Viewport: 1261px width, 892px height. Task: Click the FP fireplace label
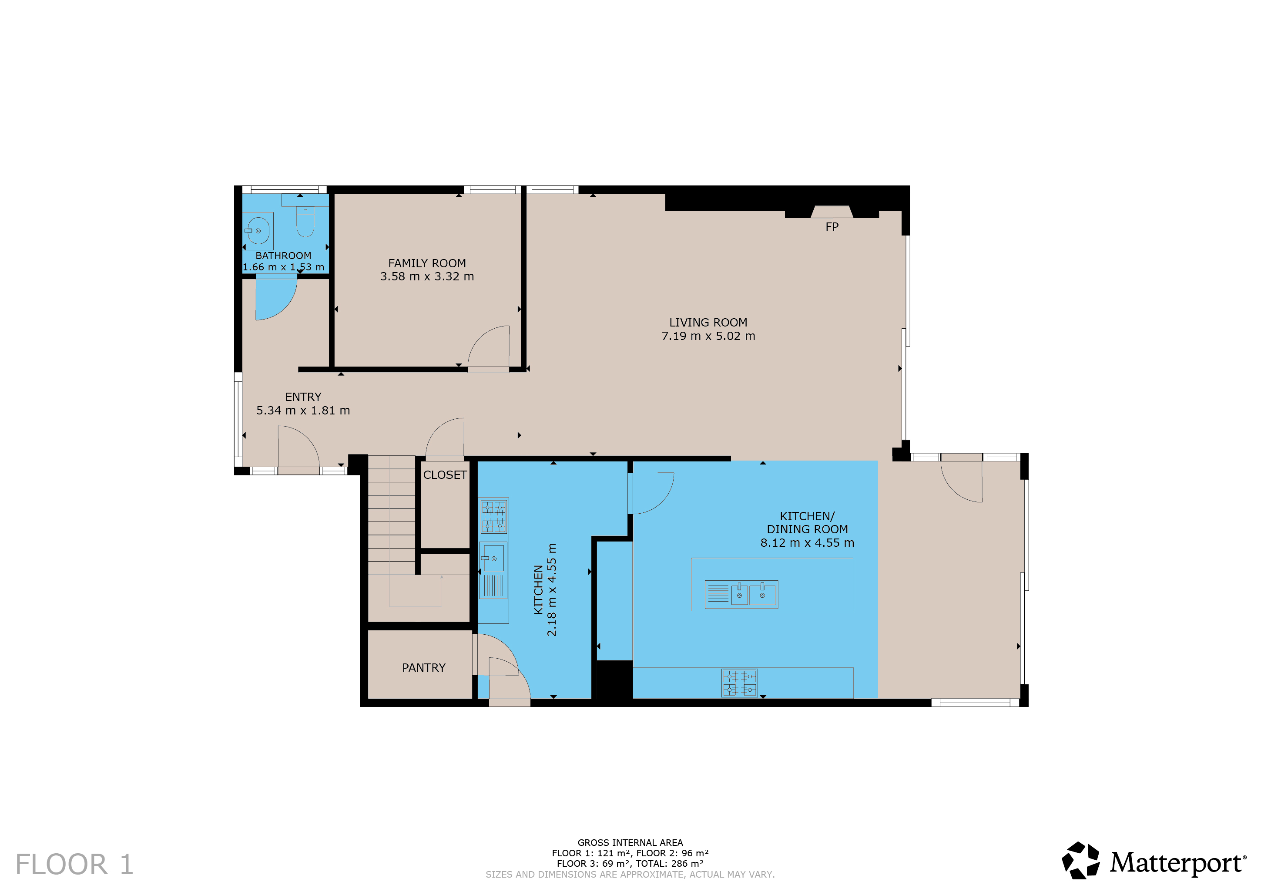[832, 226]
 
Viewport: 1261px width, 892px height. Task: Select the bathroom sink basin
[258, 231]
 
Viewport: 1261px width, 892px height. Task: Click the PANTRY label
[423, 668]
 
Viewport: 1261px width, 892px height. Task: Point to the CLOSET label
[445, 475]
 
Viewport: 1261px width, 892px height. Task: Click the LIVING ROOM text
[708, 323]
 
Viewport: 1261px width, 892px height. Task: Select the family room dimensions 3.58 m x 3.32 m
[427, 276]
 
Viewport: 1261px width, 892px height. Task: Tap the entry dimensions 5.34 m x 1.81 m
[303, 411]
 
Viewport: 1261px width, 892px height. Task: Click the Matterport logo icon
[1080, 860]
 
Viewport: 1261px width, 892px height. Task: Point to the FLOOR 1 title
[75, 865]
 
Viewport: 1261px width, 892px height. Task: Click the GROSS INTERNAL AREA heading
[630, 842]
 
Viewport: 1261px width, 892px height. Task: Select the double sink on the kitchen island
[741, 595]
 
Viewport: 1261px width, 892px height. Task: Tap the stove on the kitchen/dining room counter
[740, 683]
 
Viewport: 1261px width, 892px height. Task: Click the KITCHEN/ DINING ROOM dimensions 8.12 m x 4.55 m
[807, 543]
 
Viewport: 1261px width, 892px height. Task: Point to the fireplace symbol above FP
[832, 212]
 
